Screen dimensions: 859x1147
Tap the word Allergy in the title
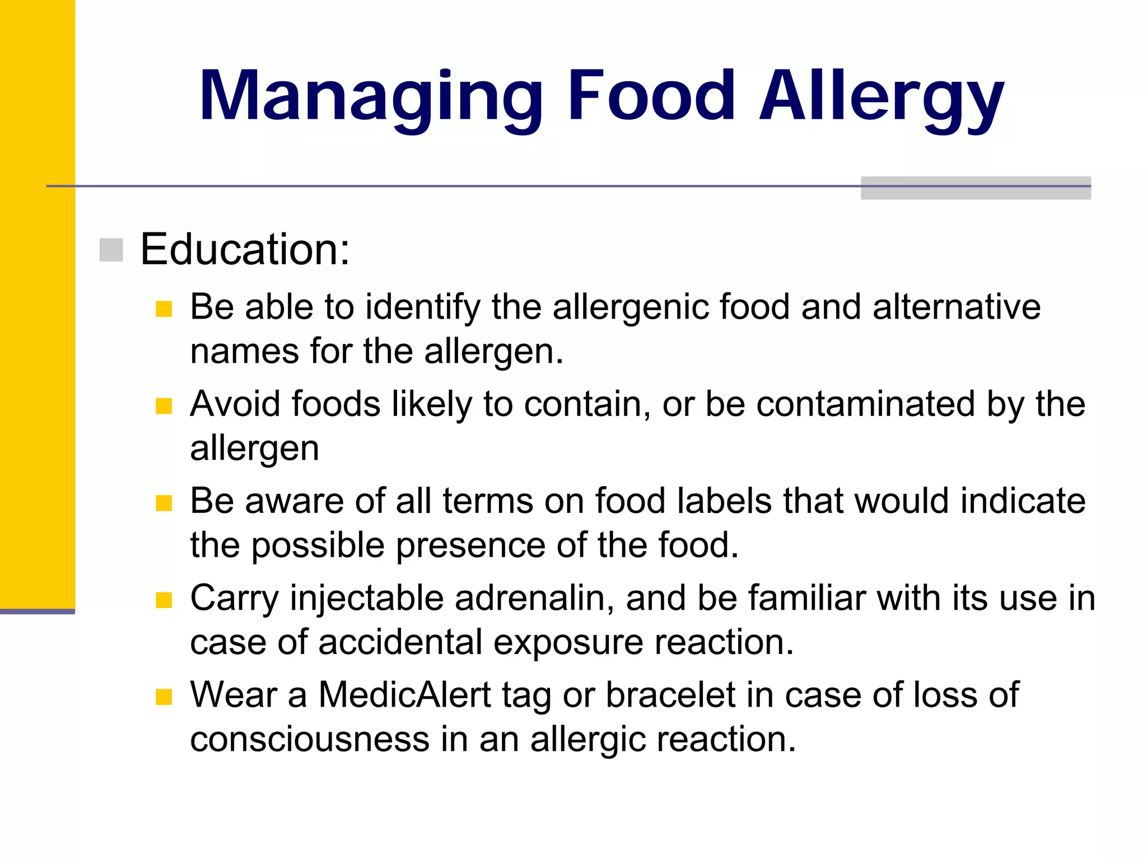point(882,96)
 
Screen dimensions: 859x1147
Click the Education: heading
point(245,249)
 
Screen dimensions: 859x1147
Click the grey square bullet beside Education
point(111,250)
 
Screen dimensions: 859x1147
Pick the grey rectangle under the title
point(975,188)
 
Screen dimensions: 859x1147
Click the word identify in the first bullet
point(423,307)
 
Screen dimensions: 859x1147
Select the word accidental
point(400,642)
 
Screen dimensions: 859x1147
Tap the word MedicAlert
point(405,695)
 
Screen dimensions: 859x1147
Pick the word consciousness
point(310,739)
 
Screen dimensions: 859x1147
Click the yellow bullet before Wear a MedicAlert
point(164,697)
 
